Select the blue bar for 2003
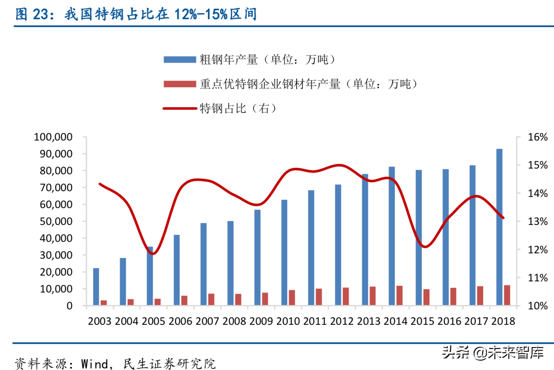click(x=96, y=287)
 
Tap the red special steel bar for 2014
click(x=399, y=296)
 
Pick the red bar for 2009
click(x=265, y=299)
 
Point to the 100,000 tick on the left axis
click(x=53, y=137)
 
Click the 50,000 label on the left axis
click(x=56, y=221)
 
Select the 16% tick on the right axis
click(x=537, y=137)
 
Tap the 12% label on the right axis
click(x=537, y=250)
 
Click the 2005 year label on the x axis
click(x=154, y=321)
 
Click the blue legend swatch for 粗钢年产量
click(x=180, y=60)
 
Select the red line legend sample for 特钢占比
click(x=180, y=108)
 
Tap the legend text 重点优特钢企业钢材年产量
click(x=270, y=84)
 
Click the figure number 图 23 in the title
click(x=32, y=14)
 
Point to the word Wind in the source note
click(x=95, y=364)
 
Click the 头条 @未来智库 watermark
click(x=493, y=352)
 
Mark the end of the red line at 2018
click(x=503, y=218)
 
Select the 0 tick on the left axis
click(x=70, y=306)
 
